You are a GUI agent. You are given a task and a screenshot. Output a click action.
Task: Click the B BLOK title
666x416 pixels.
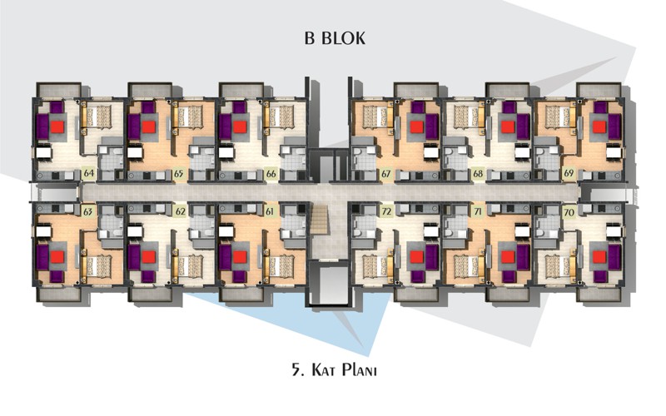coord(335,38)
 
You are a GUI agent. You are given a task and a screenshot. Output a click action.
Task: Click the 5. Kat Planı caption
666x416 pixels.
coord(335,369)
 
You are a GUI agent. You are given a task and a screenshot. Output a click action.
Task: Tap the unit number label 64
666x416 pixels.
coord(89,174)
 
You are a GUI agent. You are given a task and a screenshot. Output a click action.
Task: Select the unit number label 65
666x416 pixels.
coord(179,174)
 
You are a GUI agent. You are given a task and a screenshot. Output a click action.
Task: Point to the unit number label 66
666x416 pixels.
coord(271,174)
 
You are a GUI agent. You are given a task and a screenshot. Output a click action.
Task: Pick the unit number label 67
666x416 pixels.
coord(385,174)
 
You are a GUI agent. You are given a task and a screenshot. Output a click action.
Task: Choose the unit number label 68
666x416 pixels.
coord(477,174)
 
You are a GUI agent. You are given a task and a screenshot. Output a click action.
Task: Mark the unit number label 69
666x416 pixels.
coord(569,174)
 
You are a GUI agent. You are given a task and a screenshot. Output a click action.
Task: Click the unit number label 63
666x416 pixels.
coord(88,211)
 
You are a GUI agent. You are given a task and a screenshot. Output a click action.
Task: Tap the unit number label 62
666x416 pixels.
coord(180,211)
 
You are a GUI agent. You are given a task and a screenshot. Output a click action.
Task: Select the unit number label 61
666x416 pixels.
coord(270,211)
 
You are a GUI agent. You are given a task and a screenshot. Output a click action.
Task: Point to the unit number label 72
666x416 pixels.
coord(386,211)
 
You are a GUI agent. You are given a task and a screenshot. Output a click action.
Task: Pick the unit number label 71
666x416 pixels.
coord(478,211)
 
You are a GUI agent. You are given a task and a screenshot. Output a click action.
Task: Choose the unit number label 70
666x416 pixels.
coord(569,212)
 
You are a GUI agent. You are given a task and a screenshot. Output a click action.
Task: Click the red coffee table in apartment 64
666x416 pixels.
coord(57,127)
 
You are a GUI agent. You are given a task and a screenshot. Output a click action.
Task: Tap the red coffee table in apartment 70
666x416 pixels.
coord(599,257)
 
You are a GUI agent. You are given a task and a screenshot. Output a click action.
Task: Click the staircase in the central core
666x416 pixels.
coord(321,218)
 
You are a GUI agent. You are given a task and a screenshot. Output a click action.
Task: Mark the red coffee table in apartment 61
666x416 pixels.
coord(240,257)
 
